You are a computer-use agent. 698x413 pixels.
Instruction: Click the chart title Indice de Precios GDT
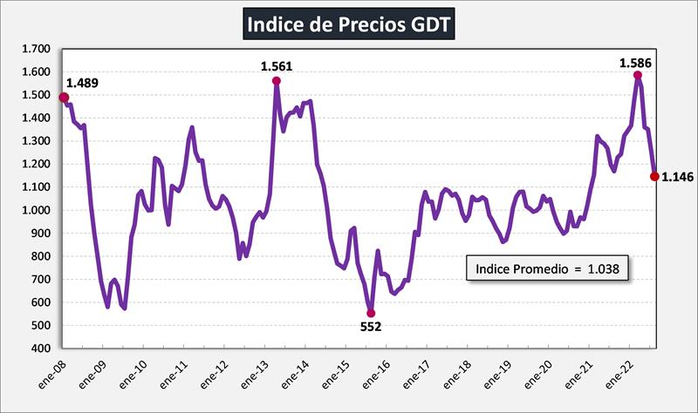(x=349, y=24)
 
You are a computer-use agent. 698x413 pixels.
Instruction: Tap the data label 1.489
(x=83, y=84)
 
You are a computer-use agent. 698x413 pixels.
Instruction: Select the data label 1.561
(x=277, y=65)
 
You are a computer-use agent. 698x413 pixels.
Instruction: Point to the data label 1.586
(x=635, y=63)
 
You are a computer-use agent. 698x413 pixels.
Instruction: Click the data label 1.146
(x=677, y=177)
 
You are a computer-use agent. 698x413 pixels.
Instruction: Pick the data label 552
(x=372, y=328)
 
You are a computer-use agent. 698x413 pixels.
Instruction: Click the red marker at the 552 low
(x=371, y=313)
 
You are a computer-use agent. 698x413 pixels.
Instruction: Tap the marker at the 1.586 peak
(x=638, y=76)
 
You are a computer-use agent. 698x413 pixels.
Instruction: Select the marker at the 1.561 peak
(x=277, y=81)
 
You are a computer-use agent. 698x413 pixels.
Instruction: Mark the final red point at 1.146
(x=654, y=177)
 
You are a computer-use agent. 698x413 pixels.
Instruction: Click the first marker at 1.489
(x=64, y=98)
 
